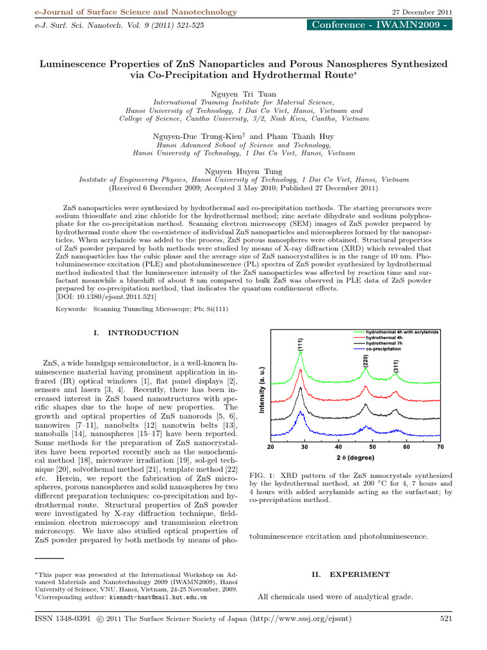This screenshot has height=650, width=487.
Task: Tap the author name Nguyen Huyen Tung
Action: click(x=243, y=171)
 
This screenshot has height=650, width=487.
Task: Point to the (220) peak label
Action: click(x=367, y=360)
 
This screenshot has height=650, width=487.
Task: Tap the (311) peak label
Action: click(x=396, y=366)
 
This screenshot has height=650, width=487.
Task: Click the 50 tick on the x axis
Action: click(x=372, y=448)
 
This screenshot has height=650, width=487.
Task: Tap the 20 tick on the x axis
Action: click(x=271, y=448)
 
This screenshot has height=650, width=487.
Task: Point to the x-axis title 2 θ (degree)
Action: click(x=355, y=458)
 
